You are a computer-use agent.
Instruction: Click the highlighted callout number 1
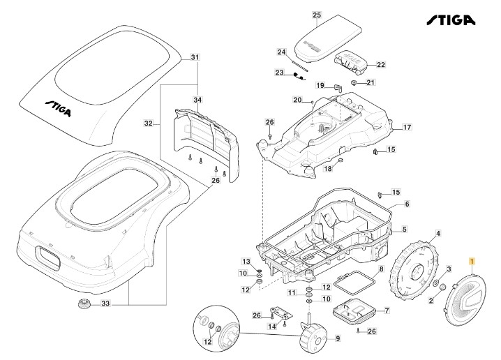click(x=472, y=262)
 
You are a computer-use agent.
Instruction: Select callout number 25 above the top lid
click(x=316, y=15)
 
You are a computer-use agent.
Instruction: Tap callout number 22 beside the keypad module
click(x=381, y=65)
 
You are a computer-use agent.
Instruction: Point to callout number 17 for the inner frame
click(x=407, y=127)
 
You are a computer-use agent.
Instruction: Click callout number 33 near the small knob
click(x=106, y=303)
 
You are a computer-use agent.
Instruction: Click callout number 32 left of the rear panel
click(x=148, y=123)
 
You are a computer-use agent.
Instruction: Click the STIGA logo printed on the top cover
click(x=62, y=106)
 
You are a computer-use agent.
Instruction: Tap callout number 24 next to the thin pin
click(x=281, y=52)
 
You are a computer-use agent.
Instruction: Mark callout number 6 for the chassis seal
click(x=407, y=204)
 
